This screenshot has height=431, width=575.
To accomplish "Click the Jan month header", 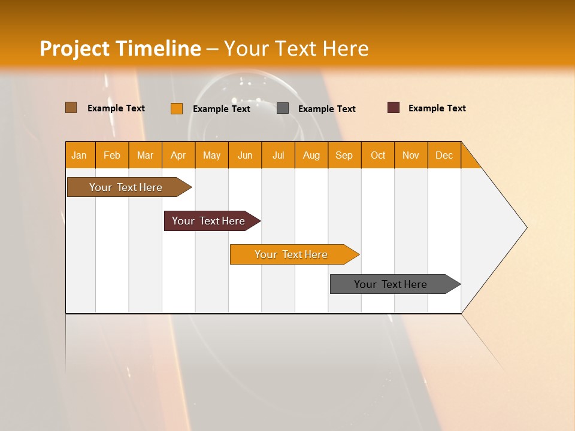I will (80, 155).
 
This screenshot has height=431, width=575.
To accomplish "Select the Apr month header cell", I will (178, 155).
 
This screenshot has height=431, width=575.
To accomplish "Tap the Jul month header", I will (279, 155).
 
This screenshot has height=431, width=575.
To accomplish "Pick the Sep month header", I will (344, 155).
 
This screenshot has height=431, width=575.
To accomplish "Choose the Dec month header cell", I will (444, 155).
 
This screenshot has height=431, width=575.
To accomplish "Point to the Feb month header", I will (112, 155).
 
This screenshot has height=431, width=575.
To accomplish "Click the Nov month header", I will (411, 155).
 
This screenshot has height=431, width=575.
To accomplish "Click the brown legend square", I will (71, 108).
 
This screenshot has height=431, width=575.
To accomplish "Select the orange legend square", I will (177, 108).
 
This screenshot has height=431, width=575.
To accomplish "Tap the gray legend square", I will (283, 108).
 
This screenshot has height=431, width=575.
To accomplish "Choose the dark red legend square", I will (394, 108).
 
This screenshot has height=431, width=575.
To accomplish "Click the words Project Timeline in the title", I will (120, 48).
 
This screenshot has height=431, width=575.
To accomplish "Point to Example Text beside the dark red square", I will (437, 108).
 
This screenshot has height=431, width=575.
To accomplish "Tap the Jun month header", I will (245, 155).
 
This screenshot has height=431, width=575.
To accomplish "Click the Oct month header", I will (378, 155).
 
